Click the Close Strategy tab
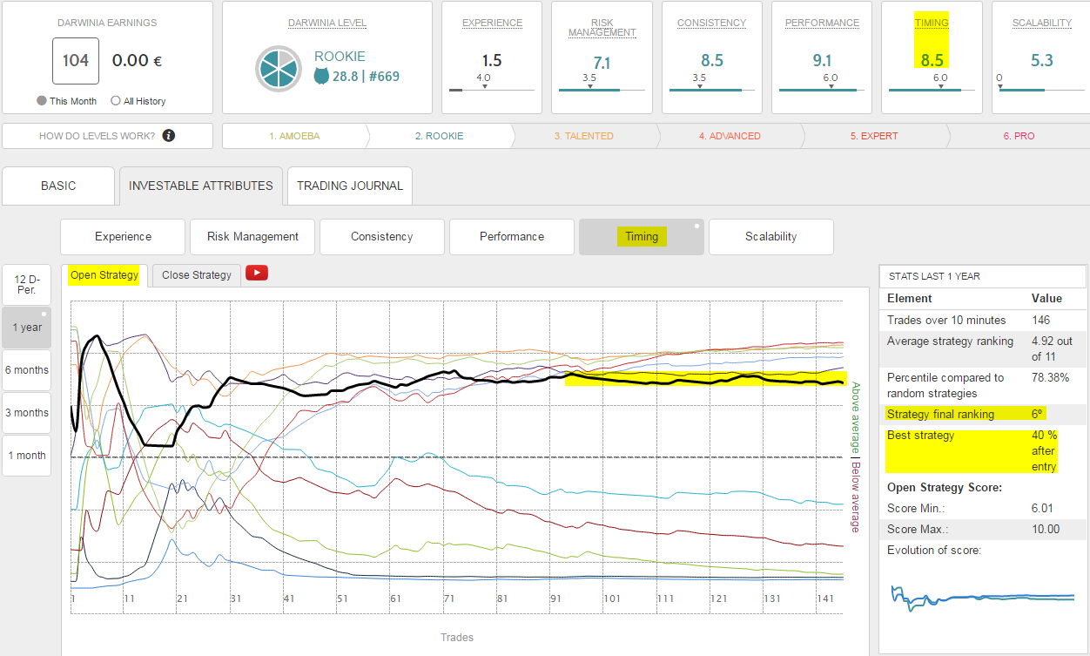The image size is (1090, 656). (197, 275)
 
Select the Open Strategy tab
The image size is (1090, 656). (104, 275)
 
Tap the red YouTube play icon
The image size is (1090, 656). (257, 273)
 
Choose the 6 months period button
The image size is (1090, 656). (27, 370)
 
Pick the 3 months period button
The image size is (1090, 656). (27, 413)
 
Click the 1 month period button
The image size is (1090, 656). (27, 456)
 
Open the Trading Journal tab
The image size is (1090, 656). (350, 186)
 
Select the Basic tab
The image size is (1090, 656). (58, 186)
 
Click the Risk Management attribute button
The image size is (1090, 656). (252, 236)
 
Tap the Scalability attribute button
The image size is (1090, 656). (770, 236)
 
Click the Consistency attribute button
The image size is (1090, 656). (381, 236)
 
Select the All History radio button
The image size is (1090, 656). (116, 101)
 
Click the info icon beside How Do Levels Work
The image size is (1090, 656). (169, 136)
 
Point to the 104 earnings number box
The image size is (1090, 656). (76, 60)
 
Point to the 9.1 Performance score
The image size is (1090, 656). (821, 60)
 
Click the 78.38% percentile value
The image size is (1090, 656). (1051, 378)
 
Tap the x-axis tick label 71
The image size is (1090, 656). (448, 599)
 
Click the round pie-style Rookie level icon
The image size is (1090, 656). (279, 68)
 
